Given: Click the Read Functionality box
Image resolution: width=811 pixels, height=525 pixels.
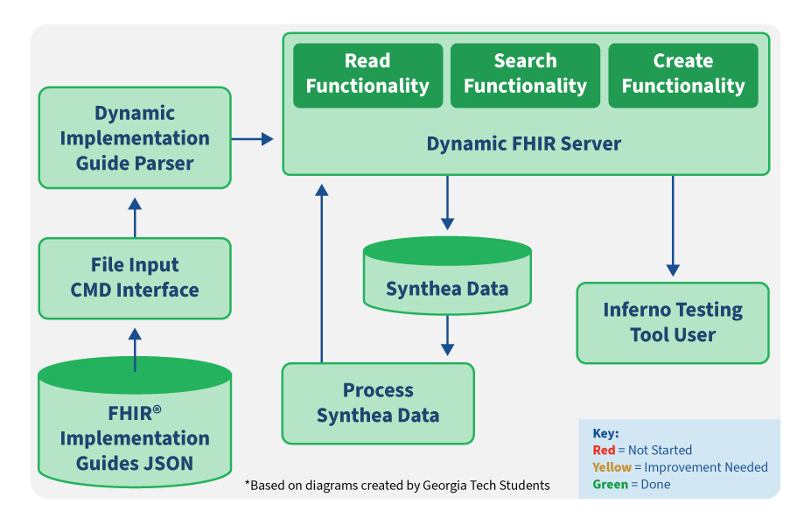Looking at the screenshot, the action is point(367,75).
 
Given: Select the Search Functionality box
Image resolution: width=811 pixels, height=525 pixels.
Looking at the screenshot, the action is point(525,75).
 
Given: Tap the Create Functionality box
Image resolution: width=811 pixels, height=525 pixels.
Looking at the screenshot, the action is point(682,75).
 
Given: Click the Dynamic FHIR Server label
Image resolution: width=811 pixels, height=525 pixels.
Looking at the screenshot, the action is point(523,143).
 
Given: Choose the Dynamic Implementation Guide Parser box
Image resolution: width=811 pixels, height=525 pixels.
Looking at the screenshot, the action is point(135,137).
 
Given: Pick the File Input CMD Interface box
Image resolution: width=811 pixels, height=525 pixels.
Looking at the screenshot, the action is point(135,278).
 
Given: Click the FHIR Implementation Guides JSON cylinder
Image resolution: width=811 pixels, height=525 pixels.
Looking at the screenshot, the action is point(135,422).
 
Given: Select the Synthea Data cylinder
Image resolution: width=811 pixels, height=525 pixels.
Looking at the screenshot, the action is point(447,276).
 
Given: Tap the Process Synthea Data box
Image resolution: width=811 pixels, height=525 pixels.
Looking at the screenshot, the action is point(378,403).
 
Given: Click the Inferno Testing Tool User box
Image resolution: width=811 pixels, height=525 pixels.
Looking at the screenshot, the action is point(673,323).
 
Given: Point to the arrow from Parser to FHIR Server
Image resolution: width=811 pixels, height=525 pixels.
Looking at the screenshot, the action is point(252,138).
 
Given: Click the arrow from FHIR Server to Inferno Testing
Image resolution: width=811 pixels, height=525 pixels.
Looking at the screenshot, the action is point(673,226).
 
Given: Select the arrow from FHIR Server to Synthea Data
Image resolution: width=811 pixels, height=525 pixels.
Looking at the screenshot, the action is point(447,203).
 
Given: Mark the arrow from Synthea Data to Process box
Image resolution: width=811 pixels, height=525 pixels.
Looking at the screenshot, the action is point(447,335).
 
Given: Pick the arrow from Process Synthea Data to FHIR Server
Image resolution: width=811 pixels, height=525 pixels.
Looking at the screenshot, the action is point(322,274).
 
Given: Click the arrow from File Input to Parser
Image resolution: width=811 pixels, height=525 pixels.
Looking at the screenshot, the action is point(135,218).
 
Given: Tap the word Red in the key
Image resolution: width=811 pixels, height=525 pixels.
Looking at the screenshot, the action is point(604,450).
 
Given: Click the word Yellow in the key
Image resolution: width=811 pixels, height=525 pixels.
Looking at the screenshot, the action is point(612,467).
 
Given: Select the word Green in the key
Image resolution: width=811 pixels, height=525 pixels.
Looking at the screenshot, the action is point(611,484).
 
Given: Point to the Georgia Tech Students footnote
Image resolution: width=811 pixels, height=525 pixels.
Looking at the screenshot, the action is point(397,485).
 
